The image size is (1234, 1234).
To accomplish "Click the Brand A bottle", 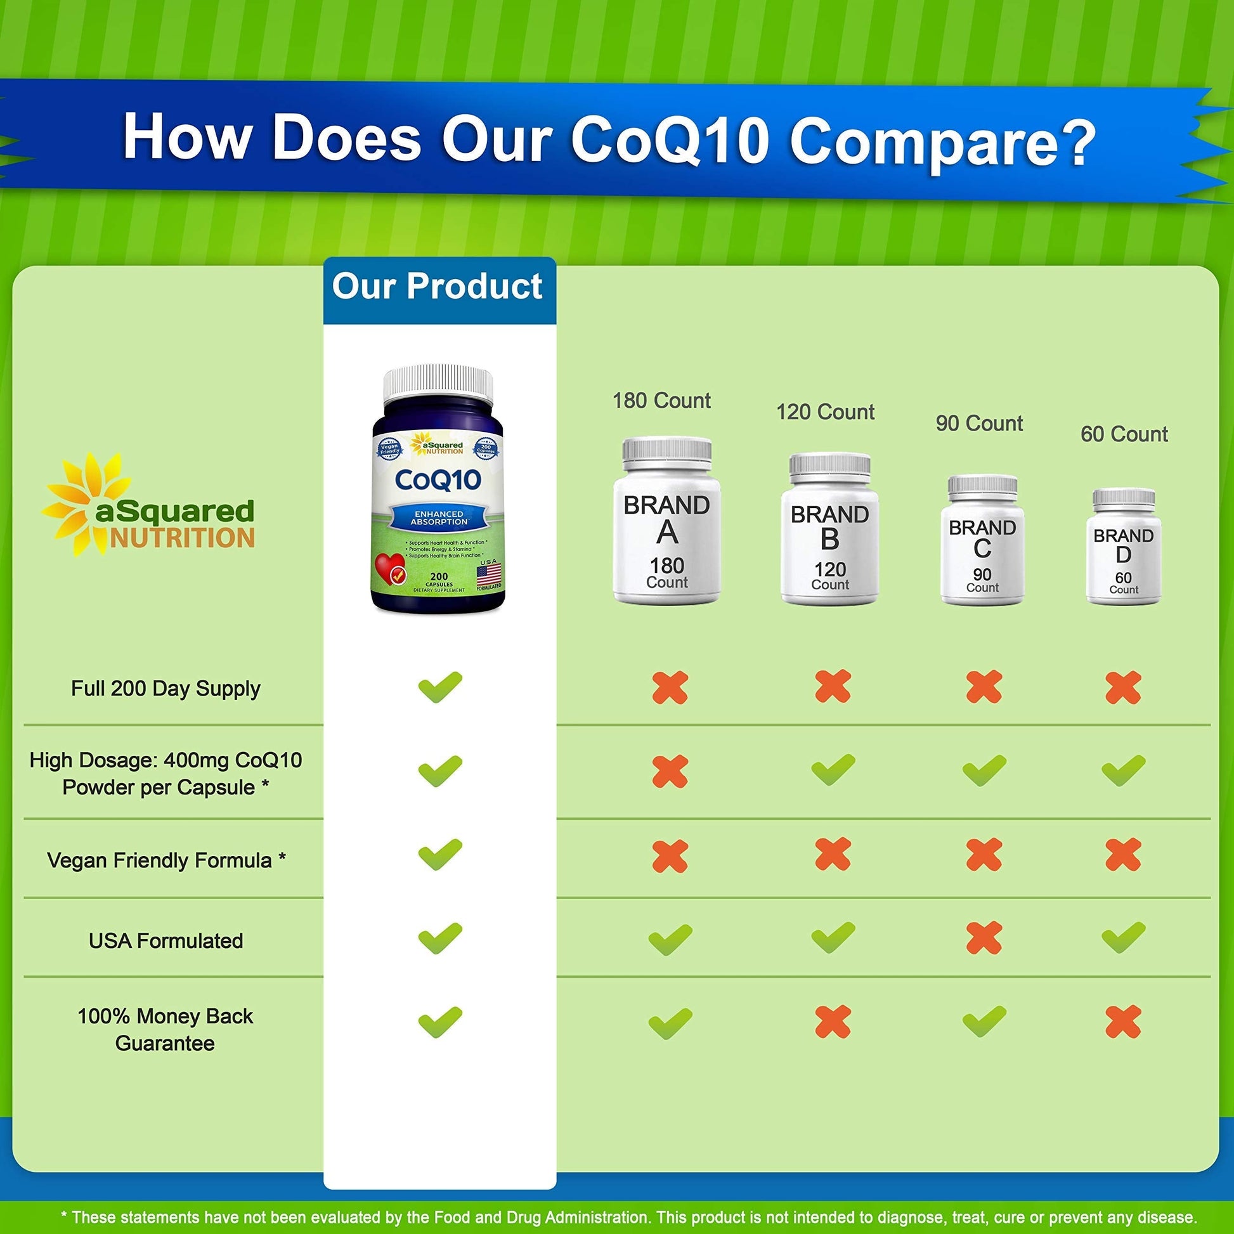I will point(667,521).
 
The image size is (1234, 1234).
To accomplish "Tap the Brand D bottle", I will point(1124,547).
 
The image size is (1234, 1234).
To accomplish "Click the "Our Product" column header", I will point(438,287).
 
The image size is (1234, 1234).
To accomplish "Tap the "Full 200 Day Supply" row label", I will point(166,689).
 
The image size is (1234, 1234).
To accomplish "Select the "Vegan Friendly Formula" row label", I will point(166,861).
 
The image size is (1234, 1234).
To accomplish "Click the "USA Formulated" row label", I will point(166,941).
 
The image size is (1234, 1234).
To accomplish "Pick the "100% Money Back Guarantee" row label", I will point(166,1030).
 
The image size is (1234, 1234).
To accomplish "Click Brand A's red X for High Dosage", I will point(670,772).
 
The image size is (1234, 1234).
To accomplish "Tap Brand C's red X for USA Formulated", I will point(984,938).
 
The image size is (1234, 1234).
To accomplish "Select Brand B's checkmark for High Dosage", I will point(833,770).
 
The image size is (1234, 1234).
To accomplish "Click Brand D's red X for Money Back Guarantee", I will point(1123,1022).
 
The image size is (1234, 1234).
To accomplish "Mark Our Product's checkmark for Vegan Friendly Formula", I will point(439,855).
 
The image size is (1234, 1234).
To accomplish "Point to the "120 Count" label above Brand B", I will point(825,413).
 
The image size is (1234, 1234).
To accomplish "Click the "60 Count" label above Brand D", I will point(1124,434).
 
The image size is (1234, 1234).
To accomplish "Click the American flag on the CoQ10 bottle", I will point(489,571).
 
